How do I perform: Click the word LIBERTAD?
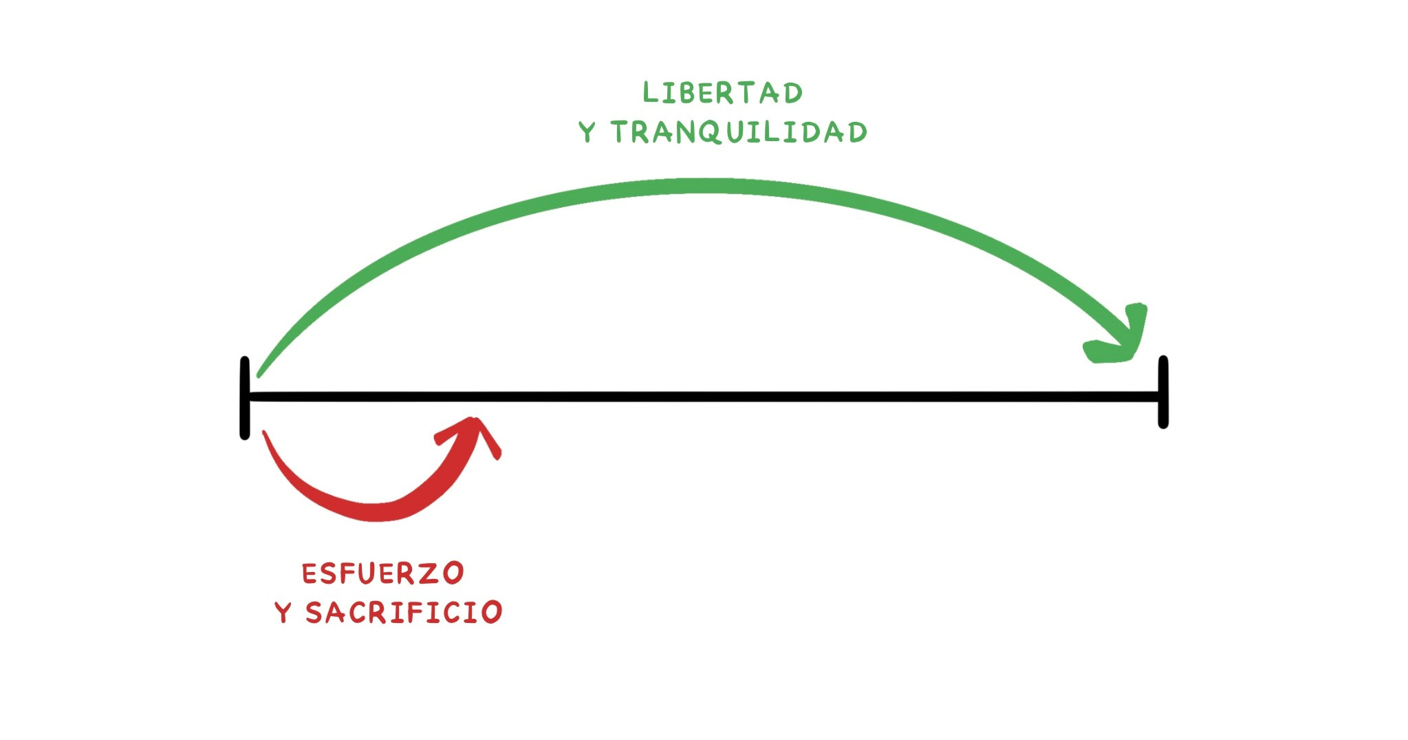point(722,93)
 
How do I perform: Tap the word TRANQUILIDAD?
point(739,132)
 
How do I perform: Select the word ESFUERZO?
point(383,573)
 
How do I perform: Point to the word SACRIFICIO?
point(404,612)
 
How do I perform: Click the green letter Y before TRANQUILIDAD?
point(587,131)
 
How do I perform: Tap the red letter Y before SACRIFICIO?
point(283,612)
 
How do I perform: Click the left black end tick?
point(245,398)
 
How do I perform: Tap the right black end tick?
point(1163,392)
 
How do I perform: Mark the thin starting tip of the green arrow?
point(260,375)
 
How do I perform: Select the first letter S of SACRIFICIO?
point(315,612)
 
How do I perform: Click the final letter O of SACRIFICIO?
point(491,612)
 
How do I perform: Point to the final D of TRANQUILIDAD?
point(857,132)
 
